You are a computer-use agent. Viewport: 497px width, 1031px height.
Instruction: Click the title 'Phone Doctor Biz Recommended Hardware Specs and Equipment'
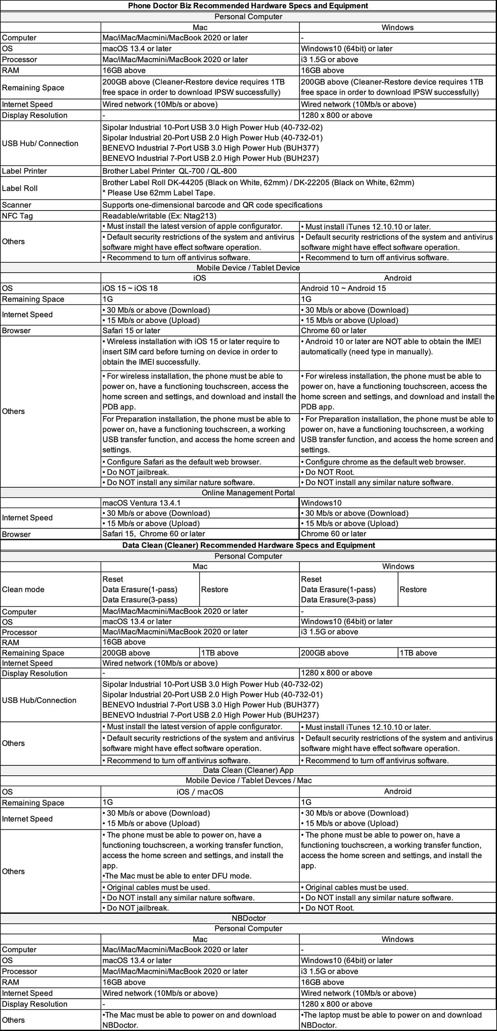[x=248, y=6]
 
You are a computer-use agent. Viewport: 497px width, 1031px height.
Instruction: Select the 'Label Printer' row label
[x=24, y=171]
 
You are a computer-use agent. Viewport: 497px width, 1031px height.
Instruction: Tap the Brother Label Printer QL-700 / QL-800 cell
[x=169, y=171]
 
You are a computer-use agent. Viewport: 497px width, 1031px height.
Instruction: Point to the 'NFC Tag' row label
[x=17, y=216]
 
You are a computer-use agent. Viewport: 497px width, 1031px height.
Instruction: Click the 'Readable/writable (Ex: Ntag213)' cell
[x=159, y=216]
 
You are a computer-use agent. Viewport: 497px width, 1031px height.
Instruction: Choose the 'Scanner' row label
[x=17, y=205]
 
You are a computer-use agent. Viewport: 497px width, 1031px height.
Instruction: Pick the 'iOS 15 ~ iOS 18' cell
[x=130, y=288]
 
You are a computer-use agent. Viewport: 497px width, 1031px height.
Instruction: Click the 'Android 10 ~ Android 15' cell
[x=343, y=288]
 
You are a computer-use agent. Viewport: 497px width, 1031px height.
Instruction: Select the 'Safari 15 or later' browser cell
[x=131, y=331]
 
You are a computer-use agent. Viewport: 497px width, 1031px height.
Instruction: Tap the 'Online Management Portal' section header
[x=248, y=493]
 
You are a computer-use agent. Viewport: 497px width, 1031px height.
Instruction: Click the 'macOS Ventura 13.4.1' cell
[x=142, y=503]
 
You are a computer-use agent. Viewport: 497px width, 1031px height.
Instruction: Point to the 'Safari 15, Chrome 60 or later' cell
[x=154, y=534]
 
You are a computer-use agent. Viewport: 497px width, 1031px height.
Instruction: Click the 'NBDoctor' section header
[x=248, y=918]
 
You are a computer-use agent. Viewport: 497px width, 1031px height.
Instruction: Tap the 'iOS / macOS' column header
[x=200, y=792]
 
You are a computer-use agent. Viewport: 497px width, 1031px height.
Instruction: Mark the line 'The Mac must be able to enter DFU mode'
[x=177, y=876]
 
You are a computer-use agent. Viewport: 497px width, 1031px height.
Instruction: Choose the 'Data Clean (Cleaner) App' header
[x=248, y=770]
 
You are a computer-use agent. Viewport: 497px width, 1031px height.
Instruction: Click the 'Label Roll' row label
[x=20, y=188]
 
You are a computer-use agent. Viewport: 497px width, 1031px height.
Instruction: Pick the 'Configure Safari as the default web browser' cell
[x=182, y=462]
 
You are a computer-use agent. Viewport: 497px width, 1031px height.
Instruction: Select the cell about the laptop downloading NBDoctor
[x=391, y=1020]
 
